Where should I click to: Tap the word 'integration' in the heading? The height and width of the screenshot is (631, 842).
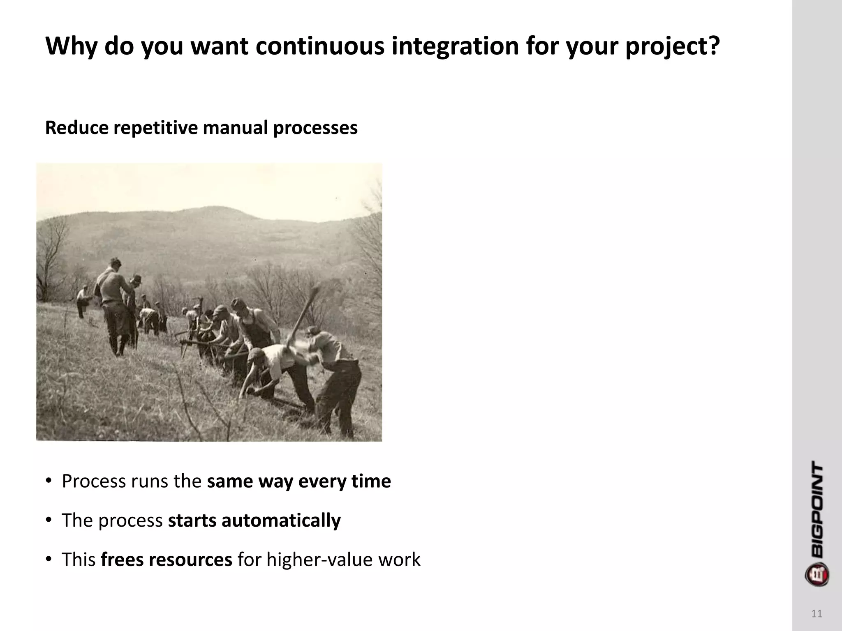click(454, 46)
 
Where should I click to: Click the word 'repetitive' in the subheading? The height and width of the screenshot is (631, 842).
click(155, 128)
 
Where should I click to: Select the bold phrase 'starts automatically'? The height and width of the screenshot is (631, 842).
click(254, 520)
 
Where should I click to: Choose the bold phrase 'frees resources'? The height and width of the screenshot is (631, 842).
click(167, 560)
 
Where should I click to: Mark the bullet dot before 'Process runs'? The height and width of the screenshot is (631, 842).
click(49, 481)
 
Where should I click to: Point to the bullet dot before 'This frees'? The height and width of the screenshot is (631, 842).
click(49, 559)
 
